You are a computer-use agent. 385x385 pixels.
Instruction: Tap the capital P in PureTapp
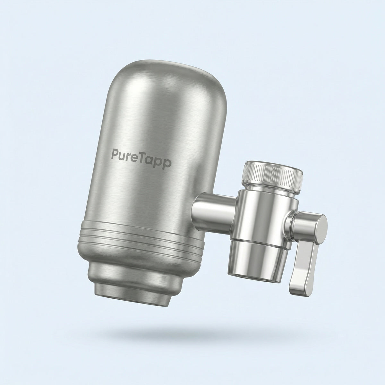(115, 155)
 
